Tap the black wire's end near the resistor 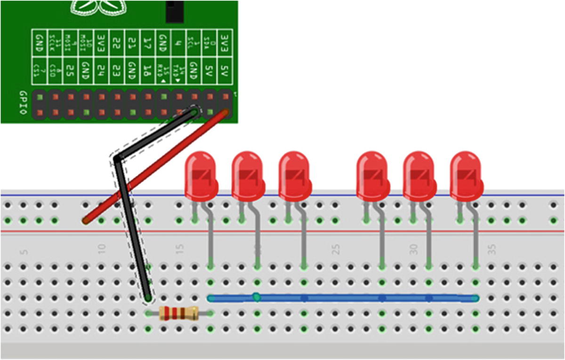click(148, 297)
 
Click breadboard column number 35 click(492, 249)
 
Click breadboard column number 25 click(335, 249)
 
